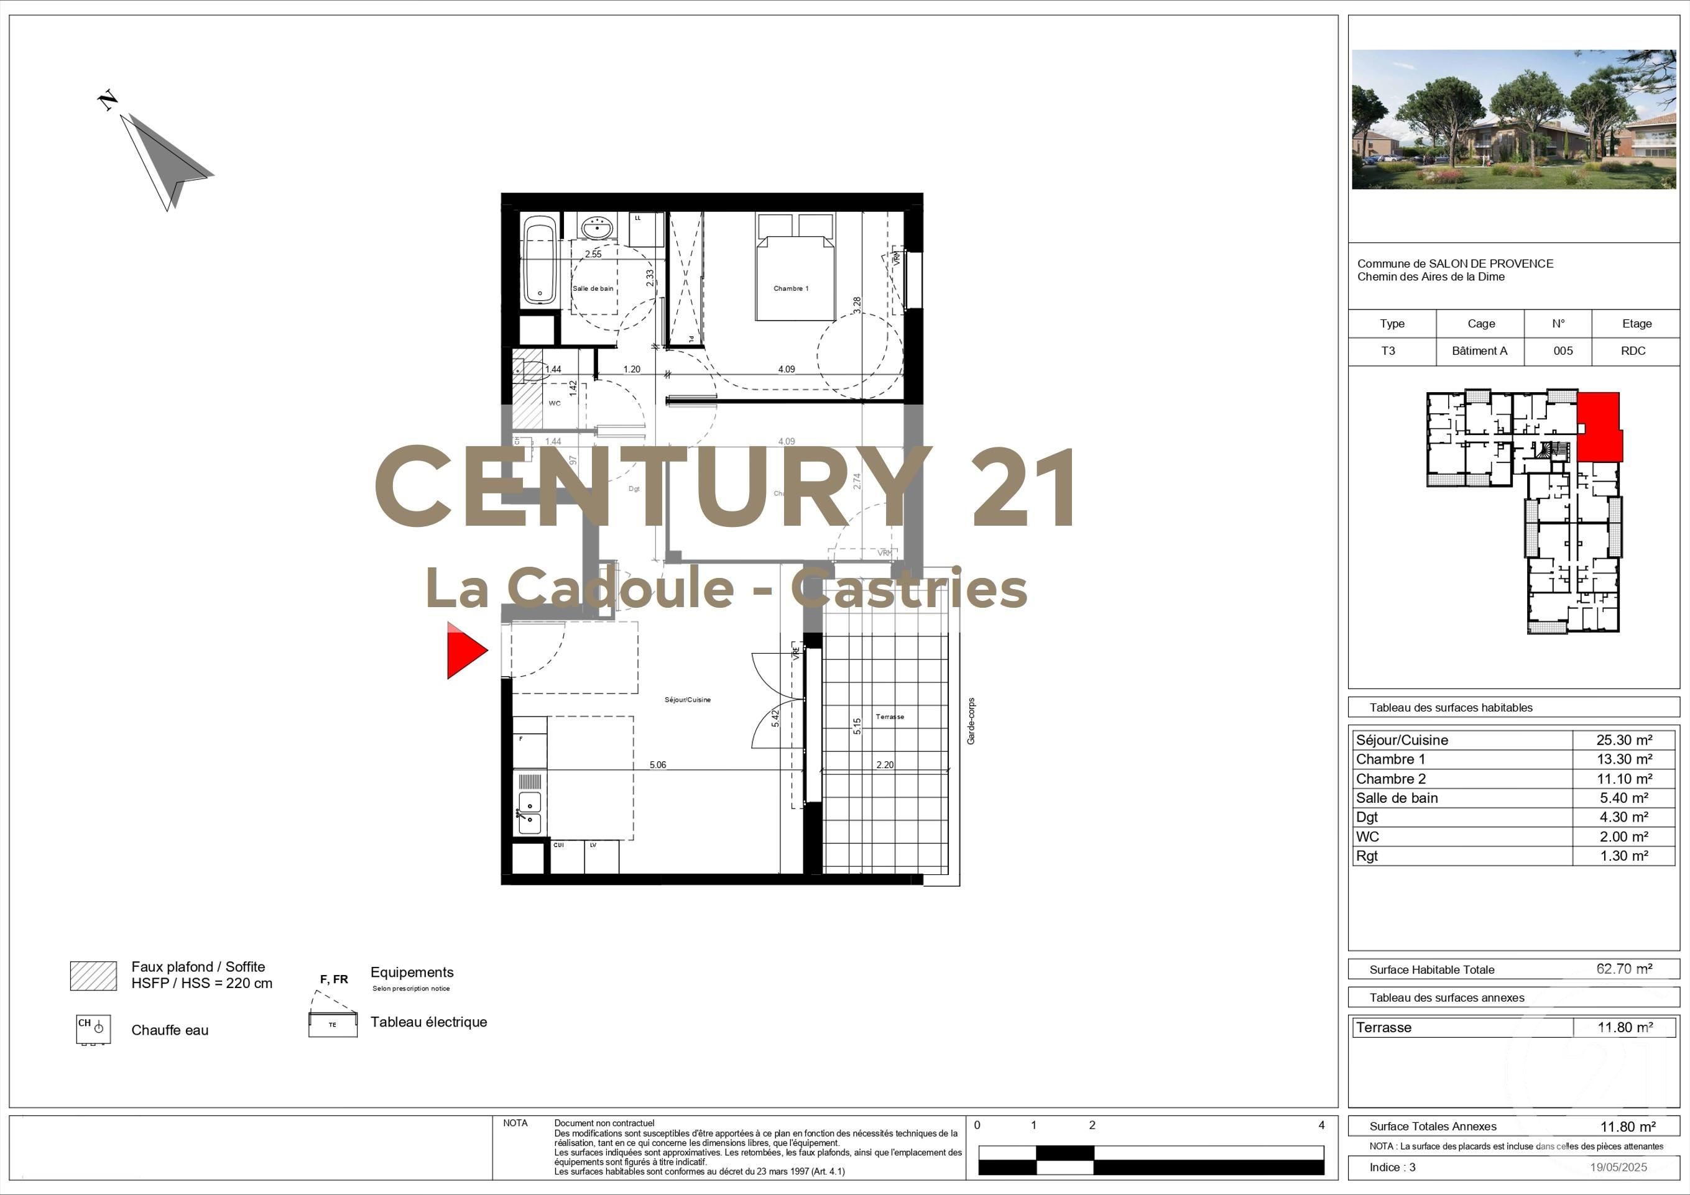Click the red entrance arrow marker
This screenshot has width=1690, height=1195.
click(464, 651)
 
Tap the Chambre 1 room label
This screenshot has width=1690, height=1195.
click(790, 288)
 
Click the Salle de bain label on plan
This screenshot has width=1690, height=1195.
click(593, 288)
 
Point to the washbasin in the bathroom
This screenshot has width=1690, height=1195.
click(597, 228)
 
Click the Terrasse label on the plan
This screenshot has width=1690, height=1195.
click(890, 717)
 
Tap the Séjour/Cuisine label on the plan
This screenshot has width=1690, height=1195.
click(688, 700)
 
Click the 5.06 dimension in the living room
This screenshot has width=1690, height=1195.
click(657, 765)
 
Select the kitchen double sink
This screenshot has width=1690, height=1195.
click(529, 812)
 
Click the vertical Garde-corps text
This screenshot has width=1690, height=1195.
click(971, 721)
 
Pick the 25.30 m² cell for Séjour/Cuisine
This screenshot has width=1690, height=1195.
click(1623, 740)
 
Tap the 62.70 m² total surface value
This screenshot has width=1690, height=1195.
click(1623, 969)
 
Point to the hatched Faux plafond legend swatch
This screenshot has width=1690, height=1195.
click(93, 976)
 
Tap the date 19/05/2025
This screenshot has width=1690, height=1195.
click(1618, 1167)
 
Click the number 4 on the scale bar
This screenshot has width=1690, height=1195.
click(1321, 1125)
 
